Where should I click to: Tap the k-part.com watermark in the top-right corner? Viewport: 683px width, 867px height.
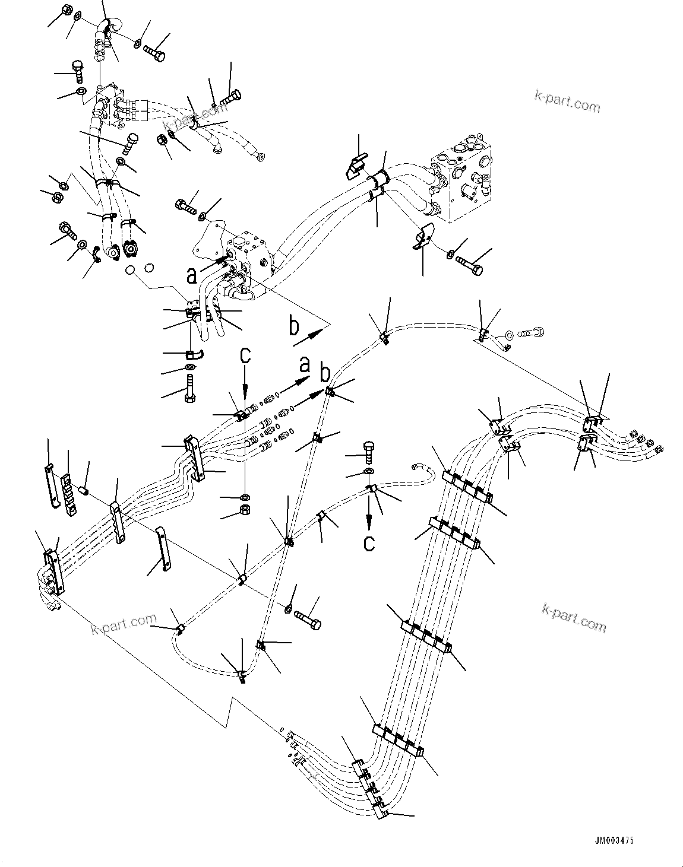[x=567, y=101]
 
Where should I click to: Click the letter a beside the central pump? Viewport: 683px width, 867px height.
[x=191, y=276]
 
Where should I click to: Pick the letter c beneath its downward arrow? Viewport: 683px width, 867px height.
[x=369, y=542]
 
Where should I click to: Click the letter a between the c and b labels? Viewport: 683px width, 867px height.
[x=305, y=364]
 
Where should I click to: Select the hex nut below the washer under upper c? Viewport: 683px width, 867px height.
[x=244, y=509]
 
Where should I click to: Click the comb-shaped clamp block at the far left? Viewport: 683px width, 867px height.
[x=69, y=496]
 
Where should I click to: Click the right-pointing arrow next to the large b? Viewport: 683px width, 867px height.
[x=308, y=337]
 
